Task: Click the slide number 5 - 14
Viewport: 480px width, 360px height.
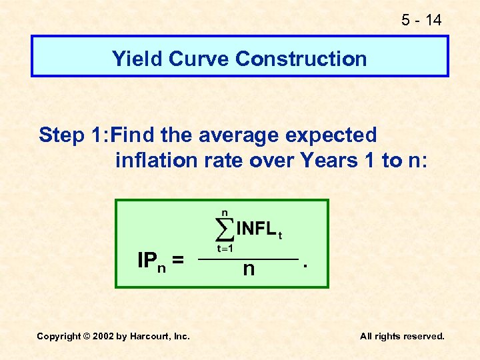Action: click(421, 20)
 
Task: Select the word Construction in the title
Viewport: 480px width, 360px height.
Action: click(301, 59)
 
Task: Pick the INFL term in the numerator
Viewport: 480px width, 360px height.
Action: click(256, 229)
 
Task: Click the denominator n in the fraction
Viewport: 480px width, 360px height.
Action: click(249, 269)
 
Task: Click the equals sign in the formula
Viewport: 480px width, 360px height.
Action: click(178, 260)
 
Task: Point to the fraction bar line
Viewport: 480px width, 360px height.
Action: click(249, 258)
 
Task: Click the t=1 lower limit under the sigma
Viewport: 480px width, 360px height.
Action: click(224, 248)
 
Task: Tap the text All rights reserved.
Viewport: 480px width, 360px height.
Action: click(402, 336)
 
